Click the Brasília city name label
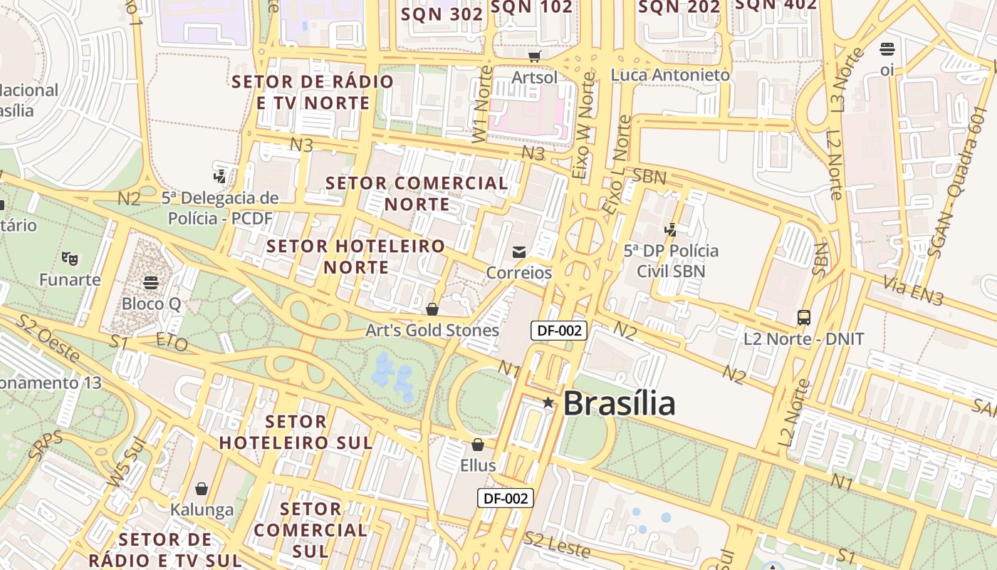pos(618,404)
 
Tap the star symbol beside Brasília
pos(548,403)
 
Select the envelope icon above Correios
pos(519,252)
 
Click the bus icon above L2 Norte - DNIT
pos(804,318)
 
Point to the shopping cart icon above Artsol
pos(534,56)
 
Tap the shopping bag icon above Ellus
pos(477,445)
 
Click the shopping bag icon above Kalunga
pos(202,489)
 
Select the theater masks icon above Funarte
pos(69,258)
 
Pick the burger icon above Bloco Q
pos(151,282)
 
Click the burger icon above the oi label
pos(887,49)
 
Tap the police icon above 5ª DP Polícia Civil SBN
pos(670,229)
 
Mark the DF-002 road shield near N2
pos(559,330)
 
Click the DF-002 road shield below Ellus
pos(506,498)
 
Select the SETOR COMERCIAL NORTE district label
pos(417,194)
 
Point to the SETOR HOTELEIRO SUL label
pos(296,432)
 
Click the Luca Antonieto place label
pos(670,75)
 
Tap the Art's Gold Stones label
pos(432,331)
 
